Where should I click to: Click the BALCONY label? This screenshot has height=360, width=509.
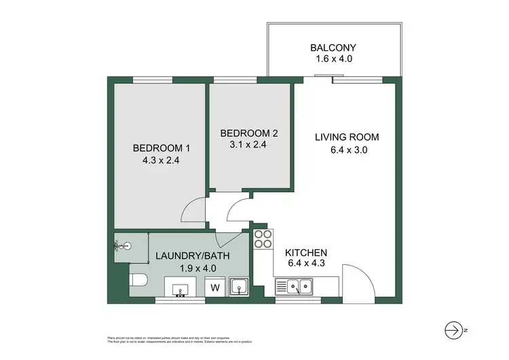tap(333, 48)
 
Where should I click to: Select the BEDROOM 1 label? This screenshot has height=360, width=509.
tap(161, 149)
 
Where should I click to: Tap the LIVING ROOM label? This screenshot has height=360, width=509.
tap(347, 137)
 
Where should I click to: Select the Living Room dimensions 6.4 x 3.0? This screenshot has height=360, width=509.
tap(347, 151)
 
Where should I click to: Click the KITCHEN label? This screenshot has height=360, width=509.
tap(306, 252)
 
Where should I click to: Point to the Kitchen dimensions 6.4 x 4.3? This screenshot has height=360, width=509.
tap(306, 264)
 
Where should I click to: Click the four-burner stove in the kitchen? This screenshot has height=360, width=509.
tap(263, 238)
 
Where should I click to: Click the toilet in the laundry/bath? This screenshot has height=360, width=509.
tap(138, 281)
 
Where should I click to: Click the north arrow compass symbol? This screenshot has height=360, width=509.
tap(454, 329)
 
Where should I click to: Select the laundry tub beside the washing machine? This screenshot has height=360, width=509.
tap(238, 287)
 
